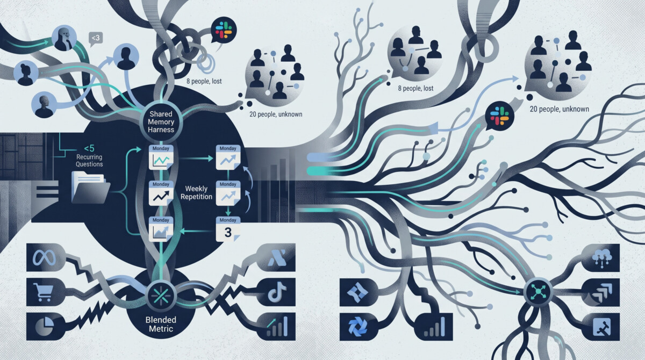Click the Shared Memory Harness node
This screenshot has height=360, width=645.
pyautogui.click(x=161, y=122)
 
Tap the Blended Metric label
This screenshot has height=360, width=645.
pyautogui.click(x=161, y=325)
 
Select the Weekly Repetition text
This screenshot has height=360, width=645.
pyautogui.click(x=196, y=192)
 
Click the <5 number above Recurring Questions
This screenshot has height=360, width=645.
pyautogui.click(x=89, y=148)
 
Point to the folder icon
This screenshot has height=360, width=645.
pyautogui.click(x=90, y=188)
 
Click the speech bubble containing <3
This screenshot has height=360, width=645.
pyautogui.click(x=96, y=39)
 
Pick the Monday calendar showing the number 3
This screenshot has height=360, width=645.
pyautogui.click(x=228, y=229)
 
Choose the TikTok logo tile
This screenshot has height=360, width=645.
pyautogui.click(x=276, y=292)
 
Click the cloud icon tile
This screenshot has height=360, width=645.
pyautogui.click(x=601, y=257)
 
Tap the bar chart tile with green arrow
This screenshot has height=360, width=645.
pyautogui.click(x=276, y=326)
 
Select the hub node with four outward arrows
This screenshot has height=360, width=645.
pyautogui.click(x=538, y=292)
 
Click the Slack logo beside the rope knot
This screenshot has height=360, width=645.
pyautogui.click(x=224, y=30)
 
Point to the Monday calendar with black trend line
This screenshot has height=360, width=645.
pyautogui.click(x=161, y=193)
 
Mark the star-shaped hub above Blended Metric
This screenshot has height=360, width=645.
pyautogui.click(x=161, y=295)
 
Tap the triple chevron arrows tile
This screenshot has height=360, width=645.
pyautogui.click(x=601, y=292)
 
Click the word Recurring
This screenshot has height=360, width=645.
pyautogui.click(x=89, y=157)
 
